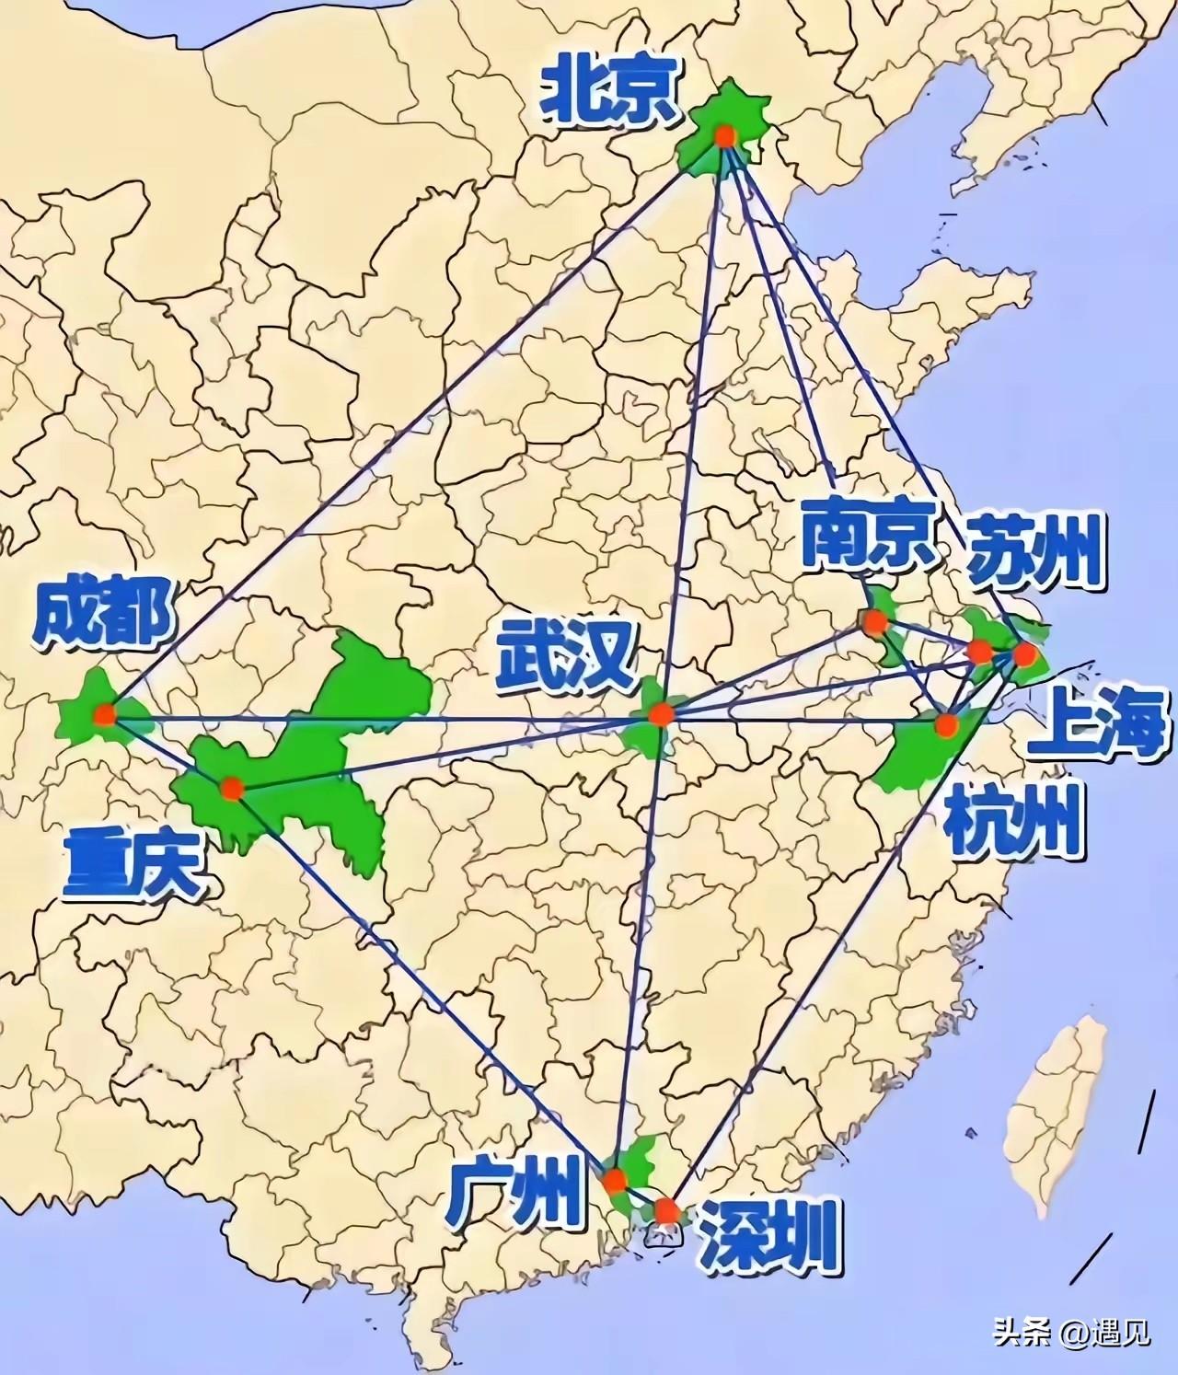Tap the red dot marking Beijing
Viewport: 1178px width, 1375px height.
coord(725,136)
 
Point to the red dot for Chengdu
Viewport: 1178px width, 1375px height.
coord(104,713)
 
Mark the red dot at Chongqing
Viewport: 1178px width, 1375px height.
coord(231,788)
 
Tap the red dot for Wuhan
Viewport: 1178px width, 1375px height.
coord(660,714)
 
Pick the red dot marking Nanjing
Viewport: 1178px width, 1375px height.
coord(874,621)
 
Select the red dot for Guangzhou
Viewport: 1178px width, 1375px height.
coord(614,1180)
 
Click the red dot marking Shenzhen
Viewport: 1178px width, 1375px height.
coord(666,1211)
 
